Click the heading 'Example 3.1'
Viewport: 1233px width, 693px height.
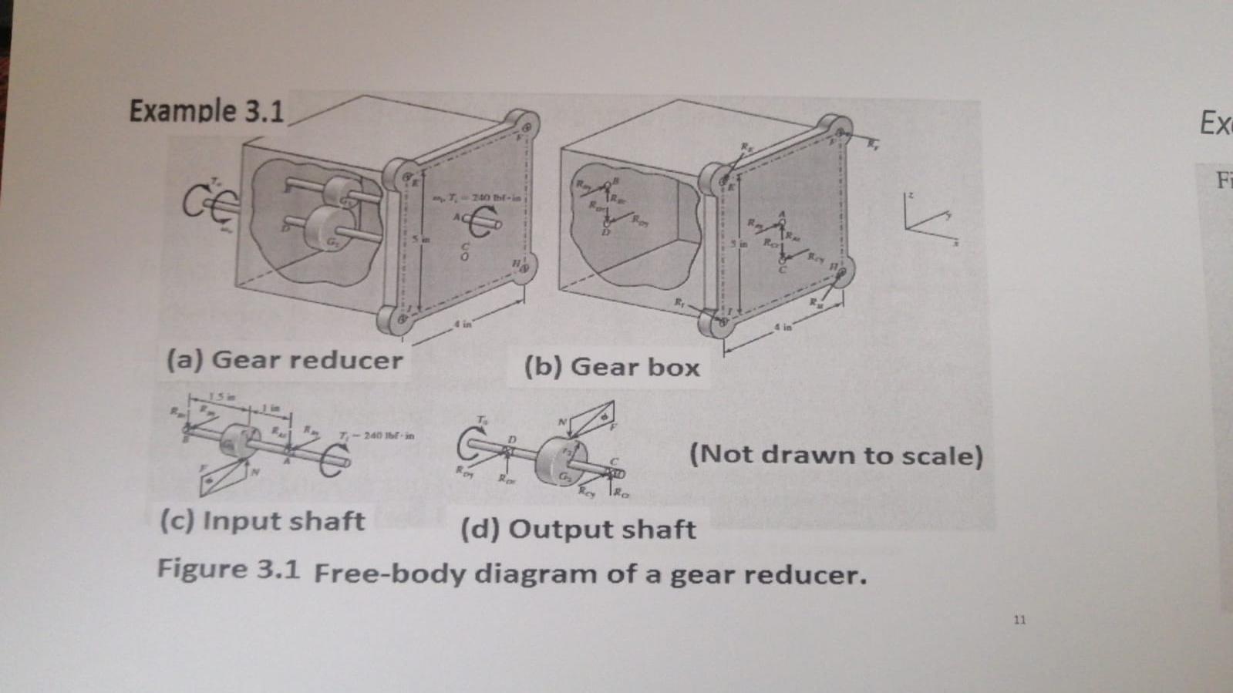point(207,111)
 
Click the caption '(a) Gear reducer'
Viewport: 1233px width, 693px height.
point(285,360)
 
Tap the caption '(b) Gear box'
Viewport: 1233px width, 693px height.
point(611,367)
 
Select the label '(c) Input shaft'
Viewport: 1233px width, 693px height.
point(262,521)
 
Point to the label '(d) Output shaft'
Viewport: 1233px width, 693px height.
point(578,530)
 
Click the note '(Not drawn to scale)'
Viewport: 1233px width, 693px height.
point(836,455)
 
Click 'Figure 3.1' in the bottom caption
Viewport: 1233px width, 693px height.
point(228,570)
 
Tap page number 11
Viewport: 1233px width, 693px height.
point(1019,619)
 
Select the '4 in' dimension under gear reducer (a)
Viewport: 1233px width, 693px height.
point(462,325)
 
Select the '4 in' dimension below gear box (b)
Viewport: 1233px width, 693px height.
point(783,328)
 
